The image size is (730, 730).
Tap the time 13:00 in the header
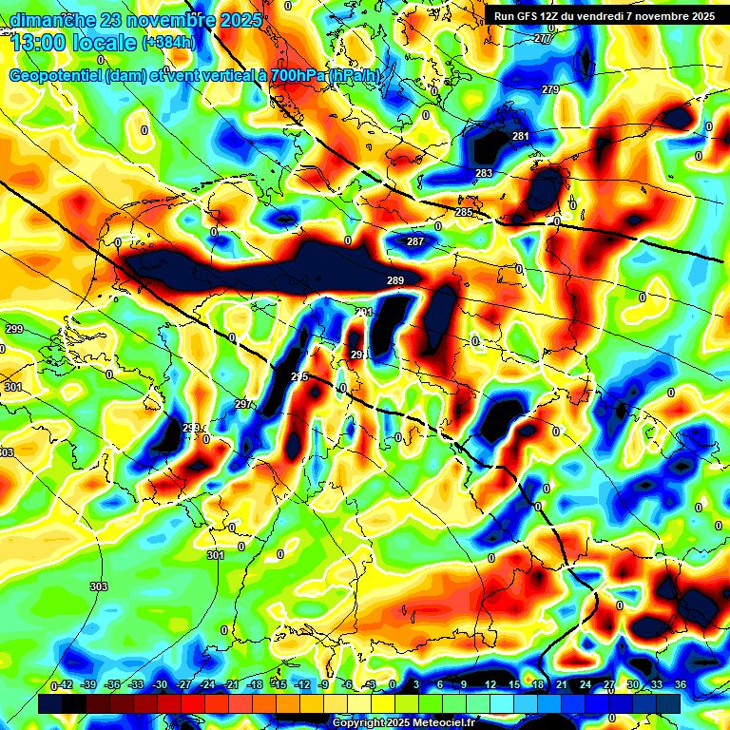point(43,42)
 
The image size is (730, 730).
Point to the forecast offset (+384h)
point(167,43)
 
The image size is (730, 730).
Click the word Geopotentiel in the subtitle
point(57,76)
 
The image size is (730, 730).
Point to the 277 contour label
point(543,39)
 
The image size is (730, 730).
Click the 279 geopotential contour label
point(550,89)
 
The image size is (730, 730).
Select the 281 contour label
point(520,137)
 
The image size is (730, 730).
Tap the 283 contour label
point(484,173)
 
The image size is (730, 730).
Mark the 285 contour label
point(463,212)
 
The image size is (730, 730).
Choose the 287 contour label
point(415,242)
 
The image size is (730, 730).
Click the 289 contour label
point(395,280)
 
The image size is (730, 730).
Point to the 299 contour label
point(13,329)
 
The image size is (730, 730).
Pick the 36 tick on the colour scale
point(680,685)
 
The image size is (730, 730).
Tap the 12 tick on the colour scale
point(490,685)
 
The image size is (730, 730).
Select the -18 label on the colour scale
point(254,685)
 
